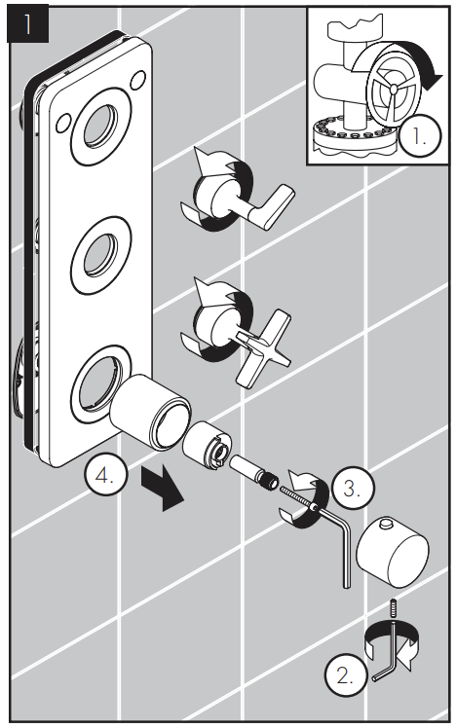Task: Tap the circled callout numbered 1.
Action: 419,136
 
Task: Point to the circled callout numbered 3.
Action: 353,488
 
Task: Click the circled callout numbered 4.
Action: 104,475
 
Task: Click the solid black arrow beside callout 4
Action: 163,488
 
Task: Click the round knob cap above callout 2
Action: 392,550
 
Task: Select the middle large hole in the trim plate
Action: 101,255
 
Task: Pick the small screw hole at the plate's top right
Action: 138,80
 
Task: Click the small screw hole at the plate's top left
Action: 62,123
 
